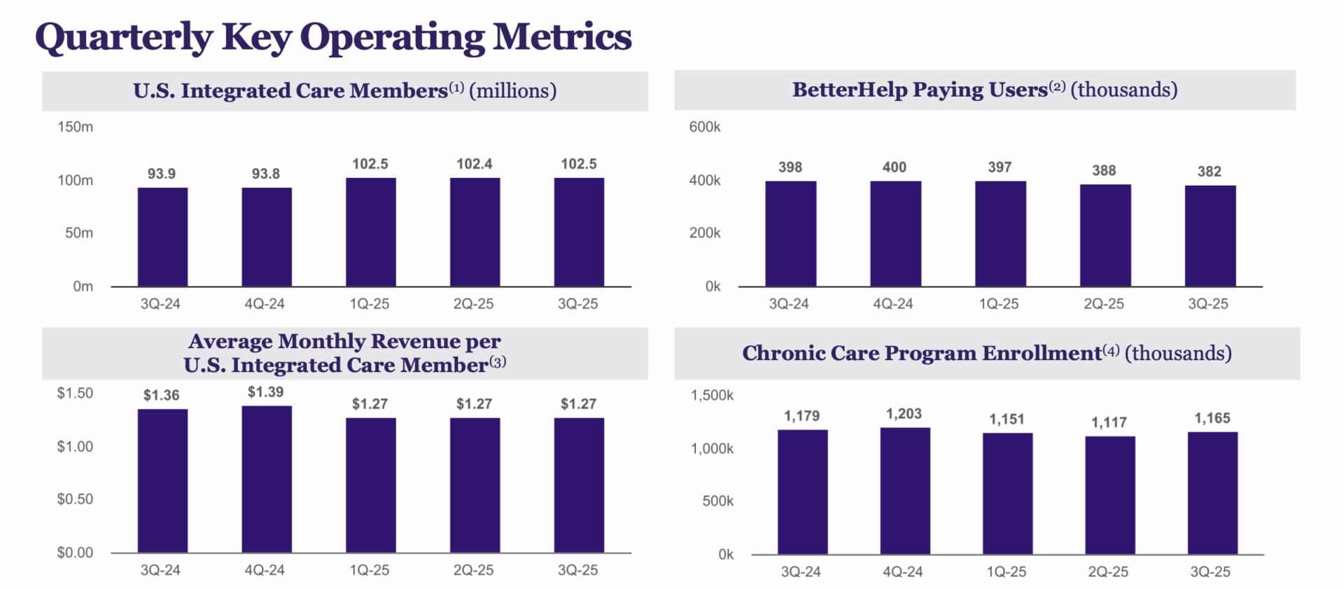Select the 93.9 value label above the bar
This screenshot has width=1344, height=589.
[162, 174]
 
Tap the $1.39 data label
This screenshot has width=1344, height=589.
[266, 392]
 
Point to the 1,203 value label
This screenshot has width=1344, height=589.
[904, 414]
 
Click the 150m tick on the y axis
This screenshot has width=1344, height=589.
[76, 127]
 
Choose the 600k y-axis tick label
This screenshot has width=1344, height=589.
[704, 127]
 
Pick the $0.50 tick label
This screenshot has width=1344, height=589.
[75, 499]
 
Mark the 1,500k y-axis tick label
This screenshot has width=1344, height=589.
[712, 396]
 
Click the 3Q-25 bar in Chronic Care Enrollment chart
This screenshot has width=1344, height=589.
[1212, 493]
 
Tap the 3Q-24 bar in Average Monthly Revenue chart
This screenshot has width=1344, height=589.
[162, 481]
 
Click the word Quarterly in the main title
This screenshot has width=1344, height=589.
[123, 38]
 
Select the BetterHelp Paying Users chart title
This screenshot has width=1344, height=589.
[984, 90]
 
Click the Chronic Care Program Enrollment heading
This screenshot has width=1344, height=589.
[986, 353]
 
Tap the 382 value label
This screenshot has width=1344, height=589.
[1209, 172]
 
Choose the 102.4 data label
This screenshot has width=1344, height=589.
[475, 164]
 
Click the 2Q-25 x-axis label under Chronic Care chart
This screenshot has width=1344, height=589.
[1108, 572]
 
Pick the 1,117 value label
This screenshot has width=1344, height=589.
[1109, 422]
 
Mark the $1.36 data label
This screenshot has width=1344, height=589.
[162, 396]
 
